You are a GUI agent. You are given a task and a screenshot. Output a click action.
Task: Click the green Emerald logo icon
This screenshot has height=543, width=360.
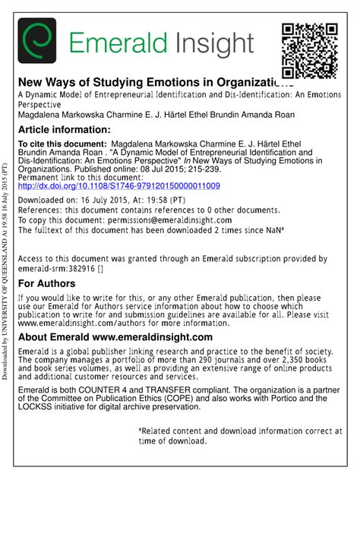pyautogui.click(x=37, y=40)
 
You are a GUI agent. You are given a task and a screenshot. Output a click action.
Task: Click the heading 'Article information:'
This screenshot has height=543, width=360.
pyautogui.click(x=64, y=130)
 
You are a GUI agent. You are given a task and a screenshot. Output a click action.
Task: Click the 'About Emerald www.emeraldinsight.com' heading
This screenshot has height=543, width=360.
pyautogui.click(x=115, y=337)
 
